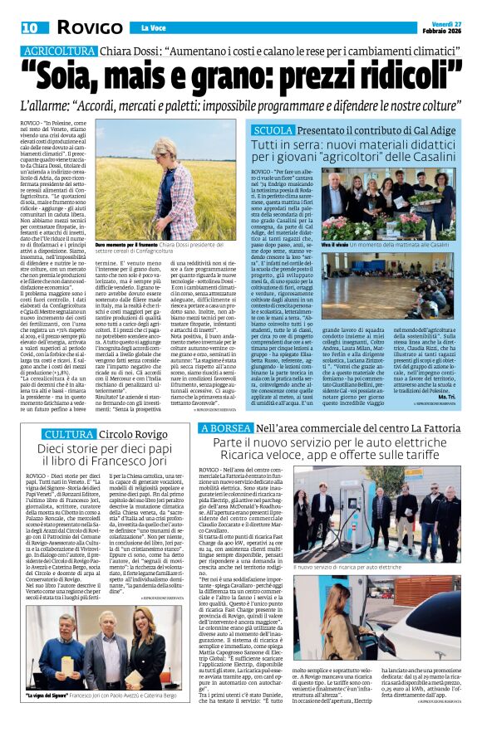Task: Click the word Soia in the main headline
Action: tap(80, 78)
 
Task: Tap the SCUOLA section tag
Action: tap(273, 130)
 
